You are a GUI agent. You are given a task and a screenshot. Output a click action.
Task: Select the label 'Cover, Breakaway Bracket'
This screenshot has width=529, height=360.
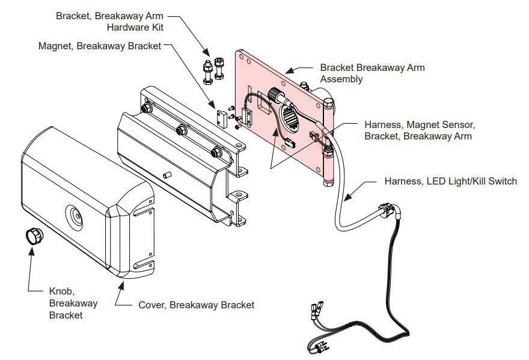coord(196,305)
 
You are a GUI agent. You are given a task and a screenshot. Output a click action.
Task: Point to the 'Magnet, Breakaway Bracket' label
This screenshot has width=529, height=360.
coord(100,46)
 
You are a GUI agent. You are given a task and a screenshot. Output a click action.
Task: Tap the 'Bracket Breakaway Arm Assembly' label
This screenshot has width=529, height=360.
coord(372,73)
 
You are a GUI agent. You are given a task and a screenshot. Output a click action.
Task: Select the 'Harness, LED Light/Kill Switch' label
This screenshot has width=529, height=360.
coord(450,182)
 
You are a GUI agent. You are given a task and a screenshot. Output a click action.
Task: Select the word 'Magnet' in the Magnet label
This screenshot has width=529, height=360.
coord(54,46)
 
